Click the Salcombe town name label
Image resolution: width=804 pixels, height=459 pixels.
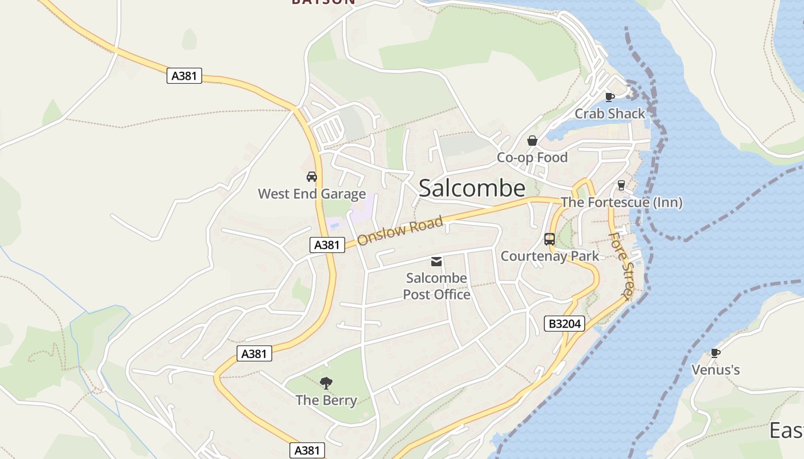471,188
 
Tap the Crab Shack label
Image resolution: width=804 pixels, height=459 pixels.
610,114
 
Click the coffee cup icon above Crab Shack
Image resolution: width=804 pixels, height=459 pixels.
610,97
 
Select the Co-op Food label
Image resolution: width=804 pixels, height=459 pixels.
532,157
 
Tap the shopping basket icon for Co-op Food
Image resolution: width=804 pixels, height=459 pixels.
532,141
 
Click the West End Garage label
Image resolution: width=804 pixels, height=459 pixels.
312,194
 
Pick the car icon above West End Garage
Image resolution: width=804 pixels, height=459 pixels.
312,177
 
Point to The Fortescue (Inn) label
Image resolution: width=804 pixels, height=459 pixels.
621,202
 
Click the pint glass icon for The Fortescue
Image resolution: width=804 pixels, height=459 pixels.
621,185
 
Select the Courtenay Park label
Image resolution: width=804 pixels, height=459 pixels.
550,256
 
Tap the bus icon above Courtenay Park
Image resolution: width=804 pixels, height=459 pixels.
550,239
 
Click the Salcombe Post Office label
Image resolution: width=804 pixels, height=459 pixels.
436,286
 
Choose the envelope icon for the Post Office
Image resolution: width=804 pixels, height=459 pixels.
436,262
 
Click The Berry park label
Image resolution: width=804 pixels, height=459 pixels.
326,400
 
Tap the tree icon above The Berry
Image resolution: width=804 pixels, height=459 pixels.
326,383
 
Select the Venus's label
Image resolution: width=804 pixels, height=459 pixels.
715,370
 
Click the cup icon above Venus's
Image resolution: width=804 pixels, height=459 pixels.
715,353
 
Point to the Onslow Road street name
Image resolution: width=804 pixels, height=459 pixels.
400,231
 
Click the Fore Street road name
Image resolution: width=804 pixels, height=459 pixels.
621,264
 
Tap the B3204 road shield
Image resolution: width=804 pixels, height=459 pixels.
565,324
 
